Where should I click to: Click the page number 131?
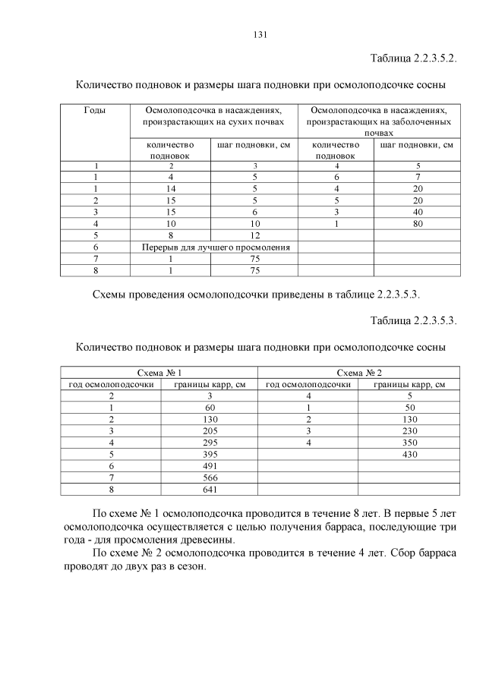point(258,34)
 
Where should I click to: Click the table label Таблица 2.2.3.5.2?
point(412,58)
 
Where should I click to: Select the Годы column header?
point(95,110)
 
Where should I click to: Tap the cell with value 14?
point(171,188)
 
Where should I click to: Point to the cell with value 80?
point(417,224)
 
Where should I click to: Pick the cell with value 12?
point(255,235)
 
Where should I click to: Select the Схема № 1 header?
point(159,373)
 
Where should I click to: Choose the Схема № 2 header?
point(358,373)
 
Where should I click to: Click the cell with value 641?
point(210,489)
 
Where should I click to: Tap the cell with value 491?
point(210,465)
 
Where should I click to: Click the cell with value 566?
point(210,477)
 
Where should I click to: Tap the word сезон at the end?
point(188,569)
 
